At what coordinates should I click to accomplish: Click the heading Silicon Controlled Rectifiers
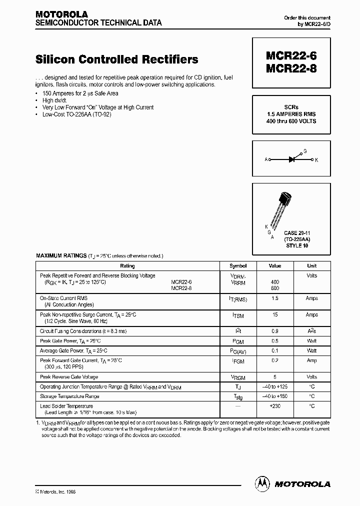click(117, 59)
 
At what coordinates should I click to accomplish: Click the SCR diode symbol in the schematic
click(292, 159)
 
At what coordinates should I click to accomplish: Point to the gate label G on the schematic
click(305, 150)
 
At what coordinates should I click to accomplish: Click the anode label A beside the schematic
click(266, 160)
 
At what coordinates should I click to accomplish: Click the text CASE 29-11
click(297, 233)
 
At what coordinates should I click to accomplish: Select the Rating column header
click(127, 266)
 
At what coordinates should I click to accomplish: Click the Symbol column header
click(238, 266)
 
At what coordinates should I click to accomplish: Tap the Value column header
click(275, 266)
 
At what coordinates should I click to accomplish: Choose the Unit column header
click(311, 266)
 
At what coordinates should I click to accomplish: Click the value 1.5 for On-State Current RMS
click(275, 298)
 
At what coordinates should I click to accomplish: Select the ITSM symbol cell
click(238, 315)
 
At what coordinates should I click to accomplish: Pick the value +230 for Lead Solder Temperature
click(275, 406)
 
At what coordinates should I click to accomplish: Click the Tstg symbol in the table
click(238, 397)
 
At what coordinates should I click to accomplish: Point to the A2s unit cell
click(311, 331)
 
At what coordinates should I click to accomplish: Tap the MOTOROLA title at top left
click(61, 14)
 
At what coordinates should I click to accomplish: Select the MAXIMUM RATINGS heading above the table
click(61, 255)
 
